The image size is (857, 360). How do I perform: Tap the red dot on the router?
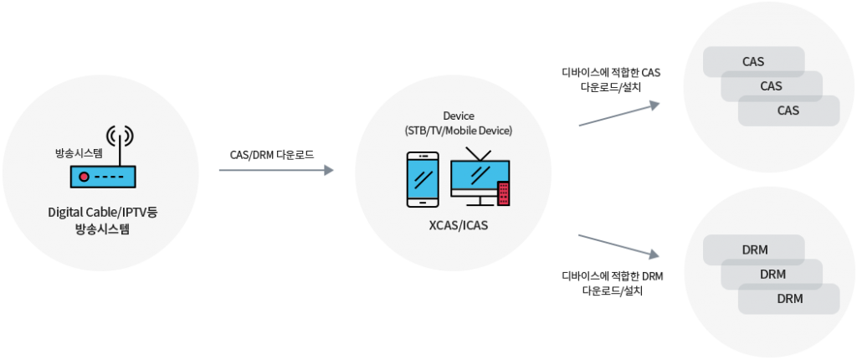84,177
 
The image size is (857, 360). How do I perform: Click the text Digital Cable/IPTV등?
103,212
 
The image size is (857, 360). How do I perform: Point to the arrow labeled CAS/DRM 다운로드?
276,170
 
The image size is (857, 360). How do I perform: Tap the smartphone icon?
423,178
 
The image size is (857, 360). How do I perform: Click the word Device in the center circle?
458,115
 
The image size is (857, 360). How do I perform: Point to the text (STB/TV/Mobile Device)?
458,131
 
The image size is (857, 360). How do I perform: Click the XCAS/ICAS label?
458,227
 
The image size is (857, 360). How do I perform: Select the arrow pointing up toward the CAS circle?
619,115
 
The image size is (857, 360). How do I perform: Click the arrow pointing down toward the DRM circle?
619,244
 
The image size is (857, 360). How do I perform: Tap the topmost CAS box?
753,61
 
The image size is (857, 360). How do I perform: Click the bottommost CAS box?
788,111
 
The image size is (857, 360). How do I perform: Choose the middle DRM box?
772,274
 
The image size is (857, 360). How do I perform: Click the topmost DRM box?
754,249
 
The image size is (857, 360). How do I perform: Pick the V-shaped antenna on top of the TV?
478,154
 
